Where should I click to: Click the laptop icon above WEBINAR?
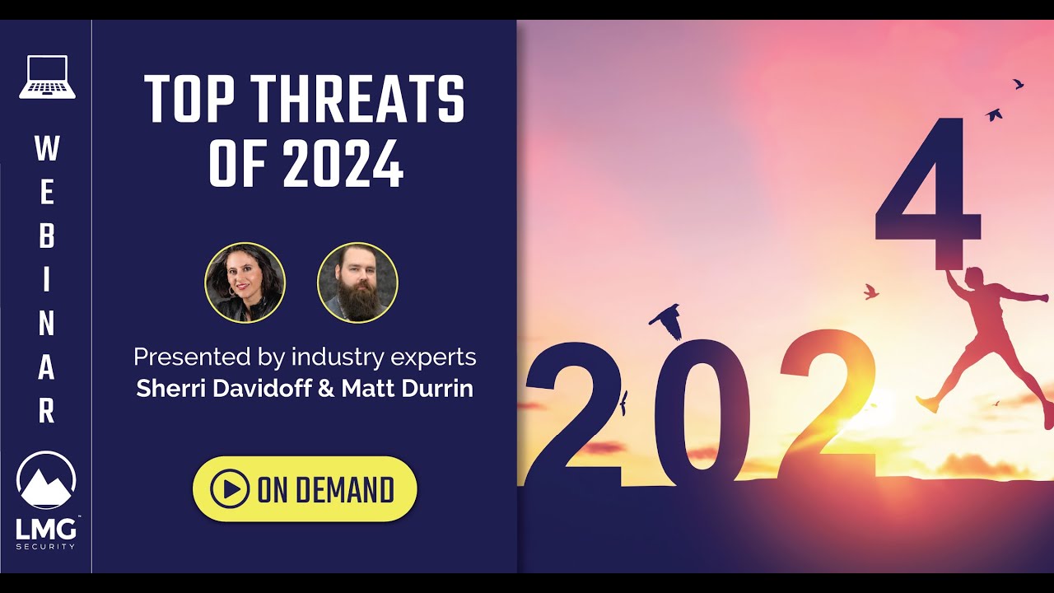click(x=47, y=77)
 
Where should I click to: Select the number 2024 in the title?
click(x=343, y=163)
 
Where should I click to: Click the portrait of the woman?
click(x=245, y=282)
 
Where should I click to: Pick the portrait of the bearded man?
click(x=357, y=282)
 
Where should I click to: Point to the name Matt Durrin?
click(x=408, y=388)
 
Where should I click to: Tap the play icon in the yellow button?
click(x=230, y=489)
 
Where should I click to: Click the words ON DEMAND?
click(x=325, y=490)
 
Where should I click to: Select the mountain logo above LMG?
click(x=46, y=482)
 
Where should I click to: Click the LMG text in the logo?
click(x=45, y=529)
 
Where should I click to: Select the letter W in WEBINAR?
click(x=47, y=149)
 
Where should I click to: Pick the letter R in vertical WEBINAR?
click(x=47, y=411)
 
